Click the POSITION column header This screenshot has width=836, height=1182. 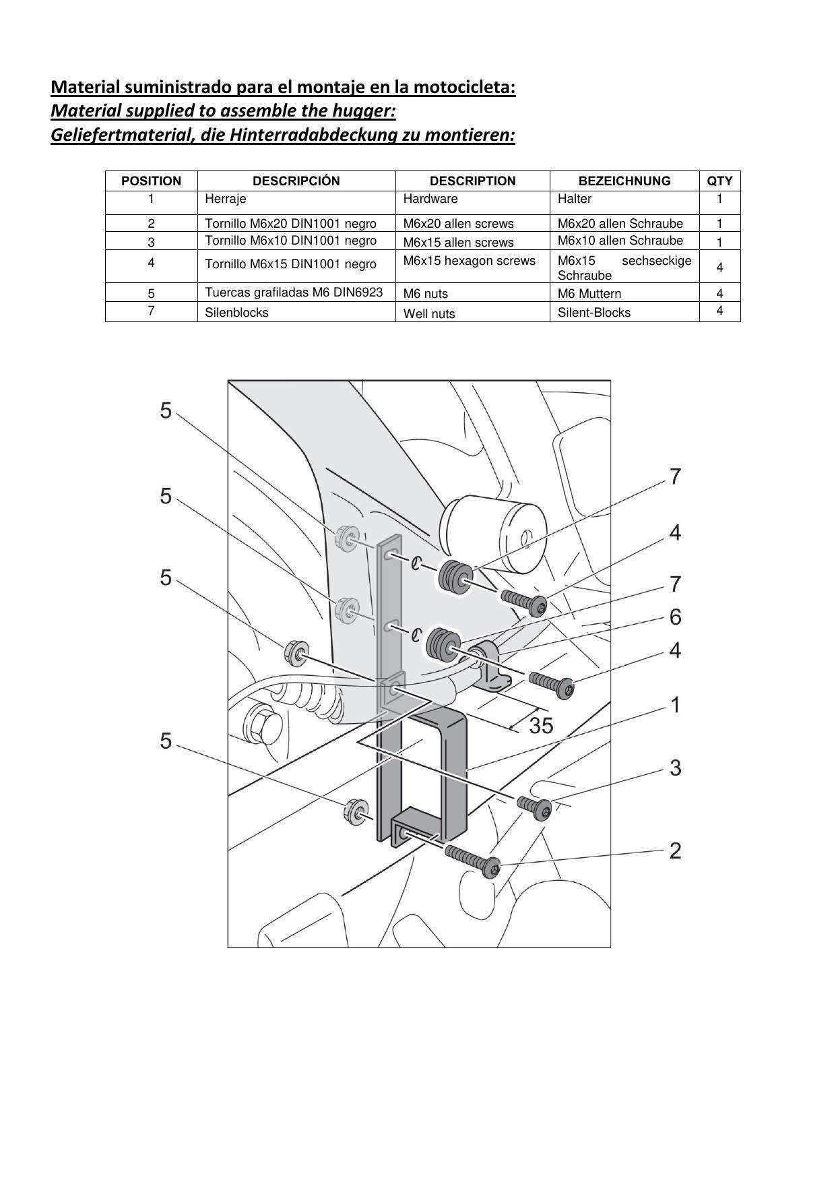tap(151, 181)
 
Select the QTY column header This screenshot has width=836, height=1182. tap(719, 181)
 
